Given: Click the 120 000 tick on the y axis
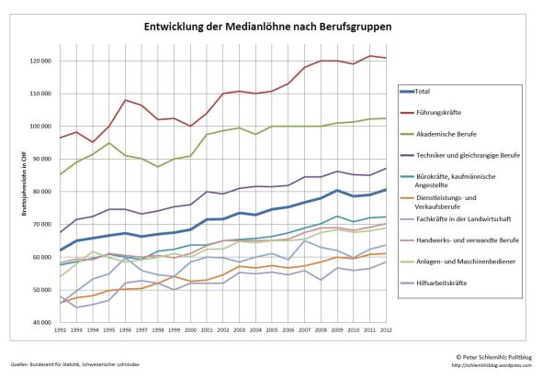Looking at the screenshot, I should coord(39,61).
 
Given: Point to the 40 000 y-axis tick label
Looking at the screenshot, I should coord(40,323).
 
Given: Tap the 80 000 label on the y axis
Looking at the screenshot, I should coord(40,192).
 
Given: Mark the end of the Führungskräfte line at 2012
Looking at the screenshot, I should coord(386,58).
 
